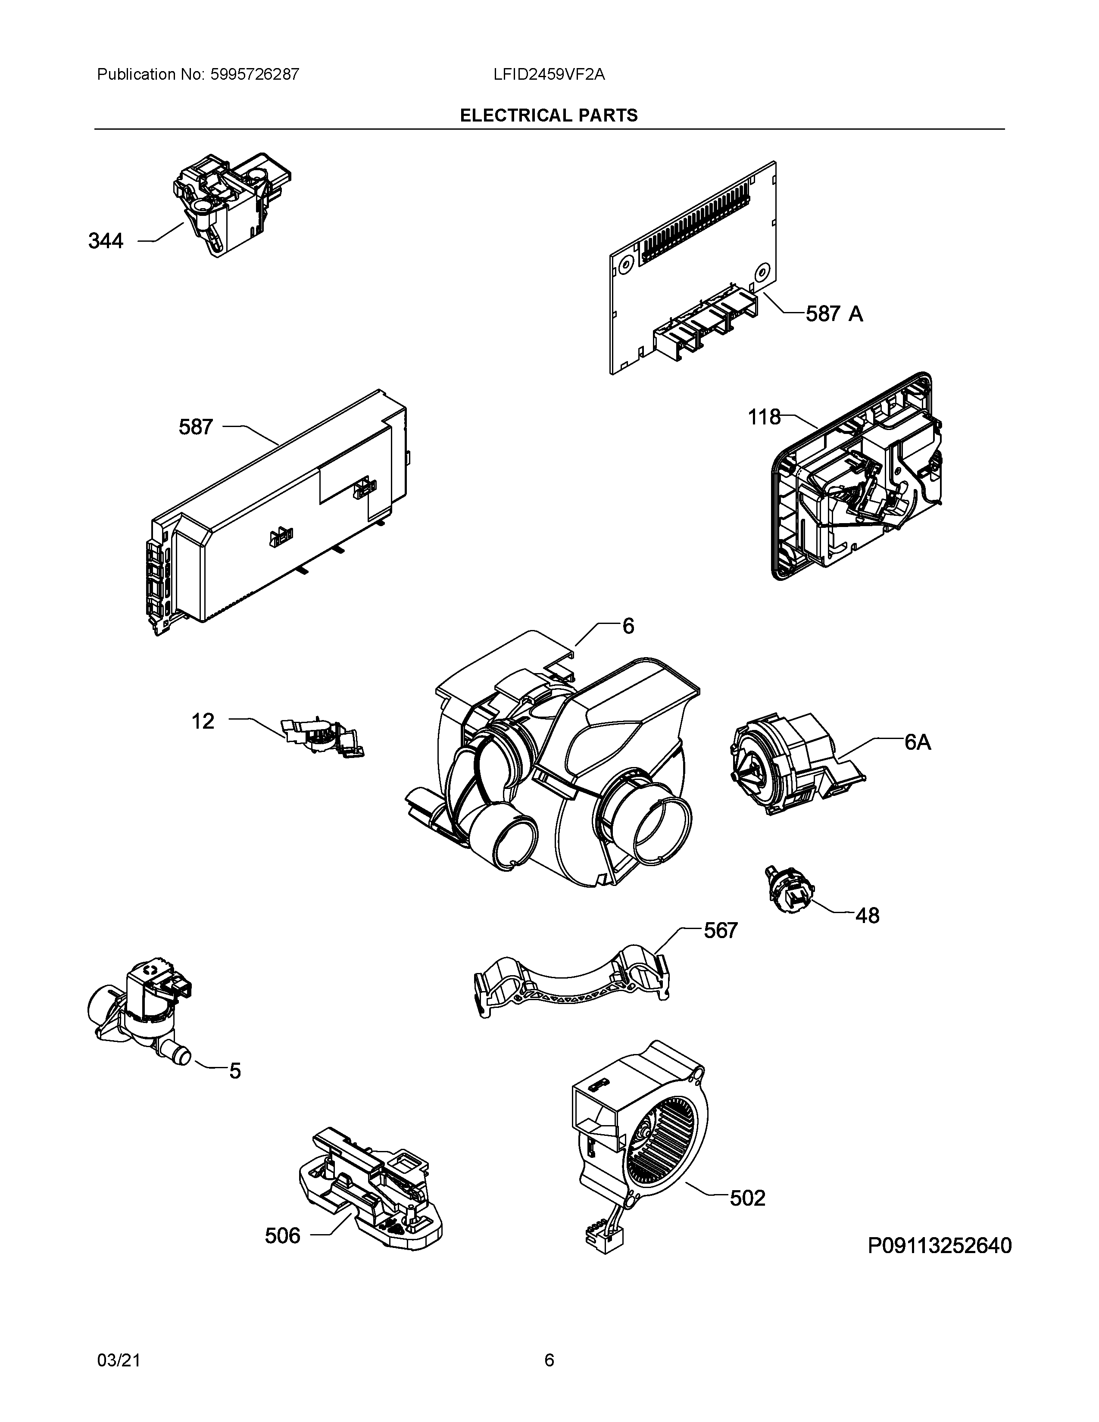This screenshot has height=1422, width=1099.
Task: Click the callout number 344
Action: pyautogui.click(x=106, y=242)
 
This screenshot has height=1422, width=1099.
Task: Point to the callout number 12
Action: pyautogui.click(x=203, y=721)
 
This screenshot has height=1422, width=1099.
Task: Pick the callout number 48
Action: pyautogui.click(x=867, y=915)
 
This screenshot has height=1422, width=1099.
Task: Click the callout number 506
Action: pyautogui.click(x=283, y=1235)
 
